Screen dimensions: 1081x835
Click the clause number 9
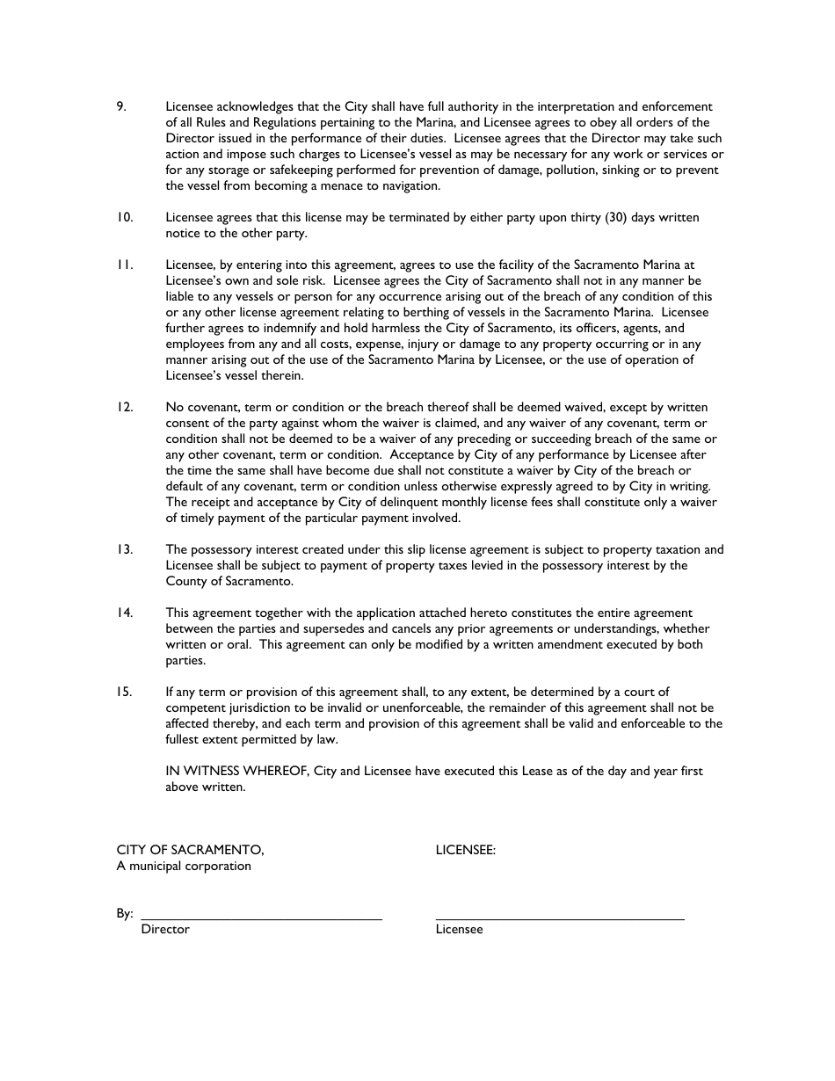(121, 107)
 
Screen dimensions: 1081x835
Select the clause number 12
(125, 408)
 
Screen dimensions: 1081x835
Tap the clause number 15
(125, 693)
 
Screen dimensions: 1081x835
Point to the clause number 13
(125, 550)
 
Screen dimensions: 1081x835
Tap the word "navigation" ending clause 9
(410, 186)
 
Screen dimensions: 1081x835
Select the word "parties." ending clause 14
(185, 661)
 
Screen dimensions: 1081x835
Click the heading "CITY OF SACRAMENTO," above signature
(190, 851)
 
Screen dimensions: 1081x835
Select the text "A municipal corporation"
(184, 867)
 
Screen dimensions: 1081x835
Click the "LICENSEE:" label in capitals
(466, 851)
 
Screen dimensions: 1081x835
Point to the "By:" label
(125, 914)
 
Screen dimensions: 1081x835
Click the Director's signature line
(261, 918)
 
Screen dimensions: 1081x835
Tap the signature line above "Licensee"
(560, 918)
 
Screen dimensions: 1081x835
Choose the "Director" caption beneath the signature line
(165, 930)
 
